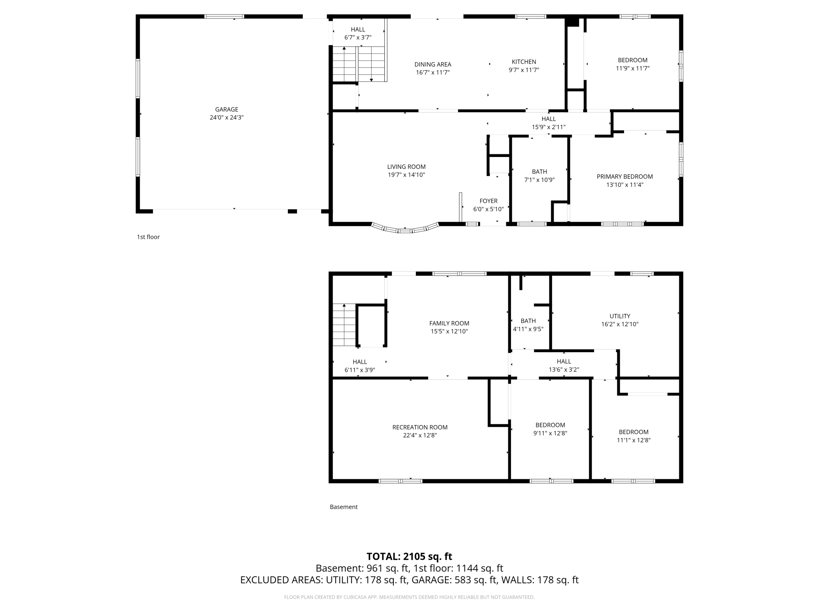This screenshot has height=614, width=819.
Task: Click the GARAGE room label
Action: (226, 109)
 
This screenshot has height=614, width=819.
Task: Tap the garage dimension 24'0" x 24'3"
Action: (226, 117)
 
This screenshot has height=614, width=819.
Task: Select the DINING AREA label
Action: (433, 64)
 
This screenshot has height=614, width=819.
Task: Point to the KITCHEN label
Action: (524, 62)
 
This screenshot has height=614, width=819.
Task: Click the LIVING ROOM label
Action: (406, 167)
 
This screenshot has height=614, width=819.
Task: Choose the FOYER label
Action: (488, 201)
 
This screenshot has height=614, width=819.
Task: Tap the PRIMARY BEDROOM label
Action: (624, 177)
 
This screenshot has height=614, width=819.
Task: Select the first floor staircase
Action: (358, 64)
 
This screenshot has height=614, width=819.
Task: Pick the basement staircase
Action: (345, 325)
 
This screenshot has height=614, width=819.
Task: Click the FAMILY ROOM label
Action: (449, 324)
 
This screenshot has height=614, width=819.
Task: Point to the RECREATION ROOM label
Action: (420, 427)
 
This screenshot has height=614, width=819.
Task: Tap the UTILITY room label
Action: (620, 316)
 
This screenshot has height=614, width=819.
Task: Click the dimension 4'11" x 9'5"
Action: (528, 329)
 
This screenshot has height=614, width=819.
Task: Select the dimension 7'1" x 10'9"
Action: (539, 180)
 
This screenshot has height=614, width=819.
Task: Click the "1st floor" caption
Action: (148, 237)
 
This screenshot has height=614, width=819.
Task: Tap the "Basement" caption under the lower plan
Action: (343, 507)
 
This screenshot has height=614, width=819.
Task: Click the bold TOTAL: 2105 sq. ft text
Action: (409, 557)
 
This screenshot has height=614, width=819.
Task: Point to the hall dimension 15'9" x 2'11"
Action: (548, 127)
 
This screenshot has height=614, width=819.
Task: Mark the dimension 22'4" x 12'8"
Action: (420, 435)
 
